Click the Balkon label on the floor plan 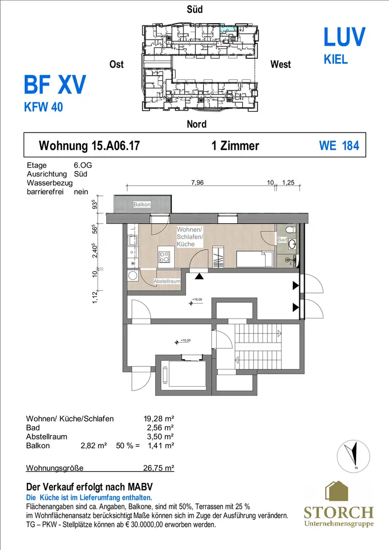142,204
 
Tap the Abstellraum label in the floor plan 167,281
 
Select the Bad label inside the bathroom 282,240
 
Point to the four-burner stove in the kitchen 164,257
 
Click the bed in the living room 255,259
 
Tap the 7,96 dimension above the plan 198,183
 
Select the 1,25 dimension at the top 288,183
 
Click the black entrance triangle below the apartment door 199,277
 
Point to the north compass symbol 353,456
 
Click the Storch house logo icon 337,491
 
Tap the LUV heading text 344,37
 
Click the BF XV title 54,85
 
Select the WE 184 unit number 339,146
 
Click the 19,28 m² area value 159,419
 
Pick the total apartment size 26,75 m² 159,468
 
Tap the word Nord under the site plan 197,124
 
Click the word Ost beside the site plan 117,64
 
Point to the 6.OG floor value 83,165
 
